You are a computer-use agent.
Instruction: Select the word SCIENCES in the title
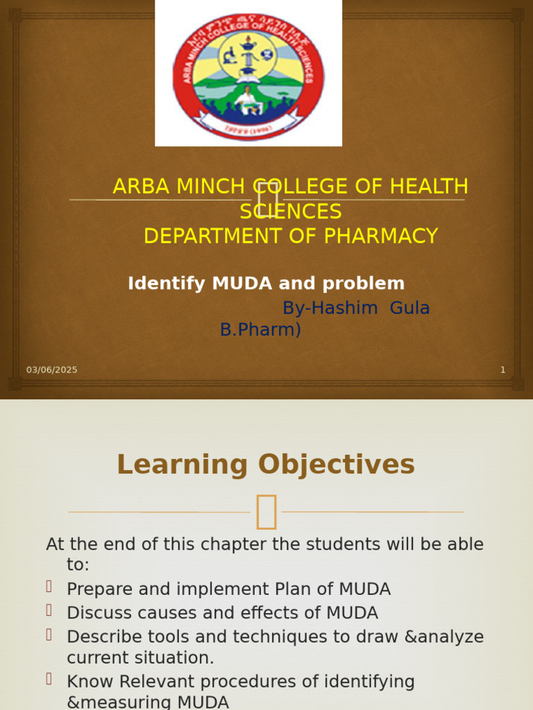(291, 211)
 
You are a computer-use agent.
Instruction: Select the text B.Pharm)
(260, 330)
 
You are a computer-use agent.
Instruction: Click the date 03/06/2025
(52, 370)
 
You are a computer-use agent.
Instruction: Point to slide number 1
(503, 370)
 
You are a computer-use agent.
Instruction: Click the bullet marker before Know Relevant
(49, 679)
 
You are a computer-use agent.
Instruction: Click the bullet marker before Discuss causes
(49, 610)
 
